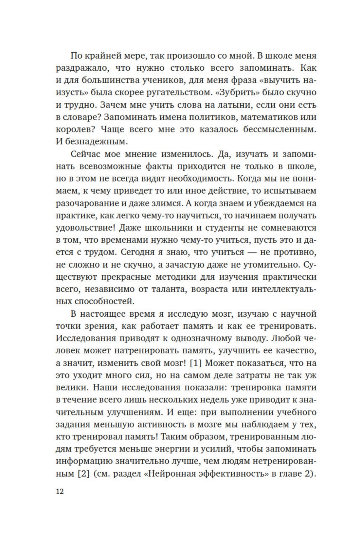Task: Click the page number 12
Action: point(60,492)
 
